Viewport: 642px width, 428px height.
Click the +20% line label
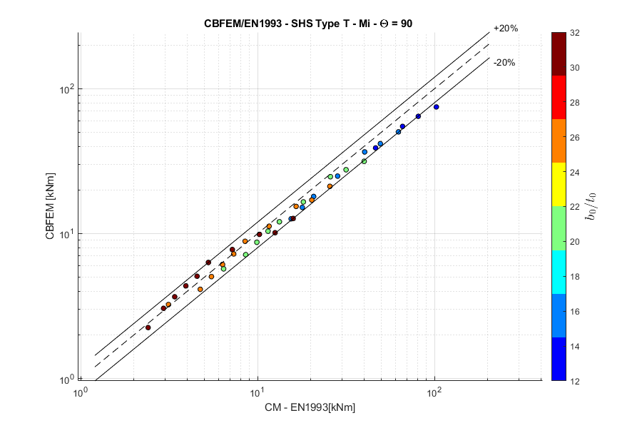tap(505, 29)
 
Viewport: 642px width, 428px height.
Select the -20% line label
tap(504, 62)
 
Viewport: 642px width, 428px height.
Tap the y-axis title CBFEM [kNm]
tap(51, 206)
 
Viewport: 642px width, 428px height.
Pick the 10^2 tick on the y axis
tap(65, 89)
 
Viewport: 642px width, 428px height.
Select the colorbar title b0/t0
tap(591, 206)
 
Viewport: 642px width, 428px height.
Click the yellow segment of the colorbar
tap(559, 184)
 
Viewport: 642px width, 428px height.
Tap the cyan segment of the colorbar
tap(559, 277)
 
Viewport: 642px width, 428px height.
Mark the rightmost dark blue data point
tap(436, 107)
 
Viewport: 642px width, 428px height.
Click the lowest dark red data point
tap(148, 327)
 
